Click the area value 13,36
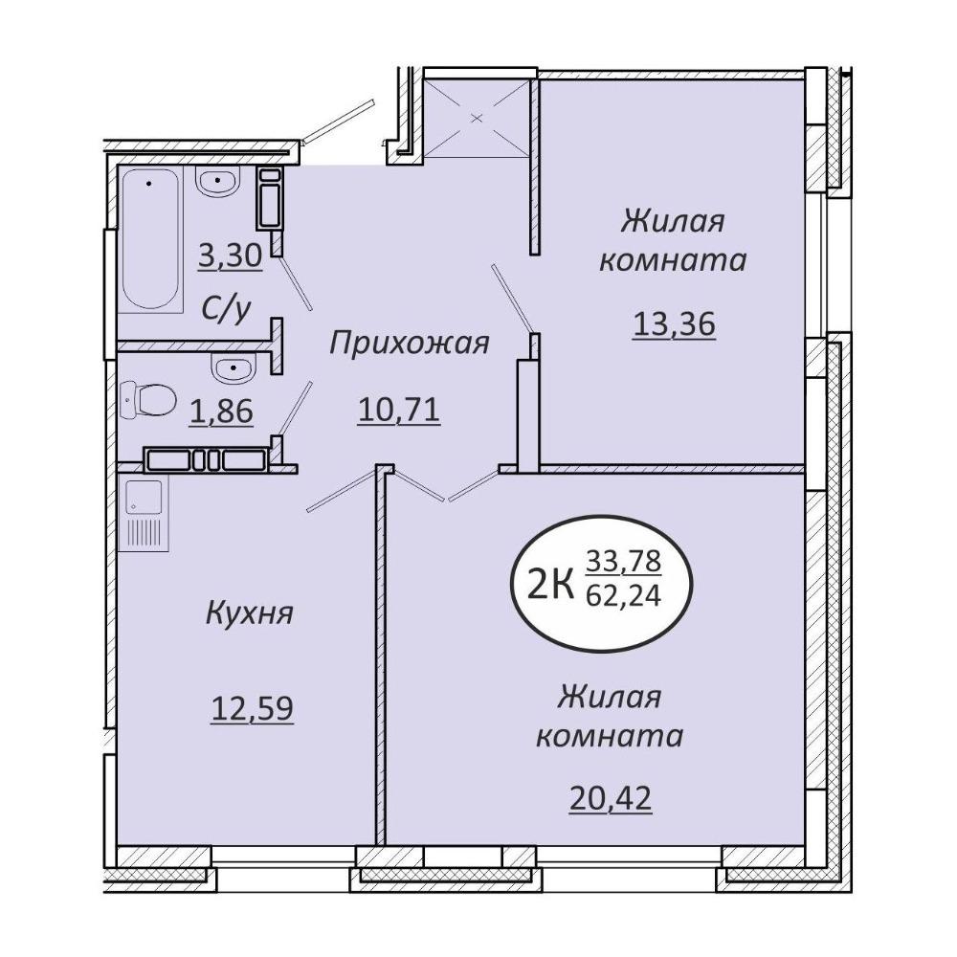674,323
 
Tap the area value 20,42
611,798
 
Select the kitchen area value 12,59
252,708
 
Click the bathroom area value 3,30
231,256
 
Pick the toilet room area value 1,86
221,412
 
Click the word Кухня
250,612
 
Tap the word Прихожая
410,343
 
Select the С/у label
226,310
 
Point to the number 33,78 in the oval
624,560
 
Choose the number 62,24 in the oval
624,595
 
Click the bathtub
150,240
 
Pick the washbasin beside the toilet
232,367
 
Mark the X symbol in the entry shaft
478,118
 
